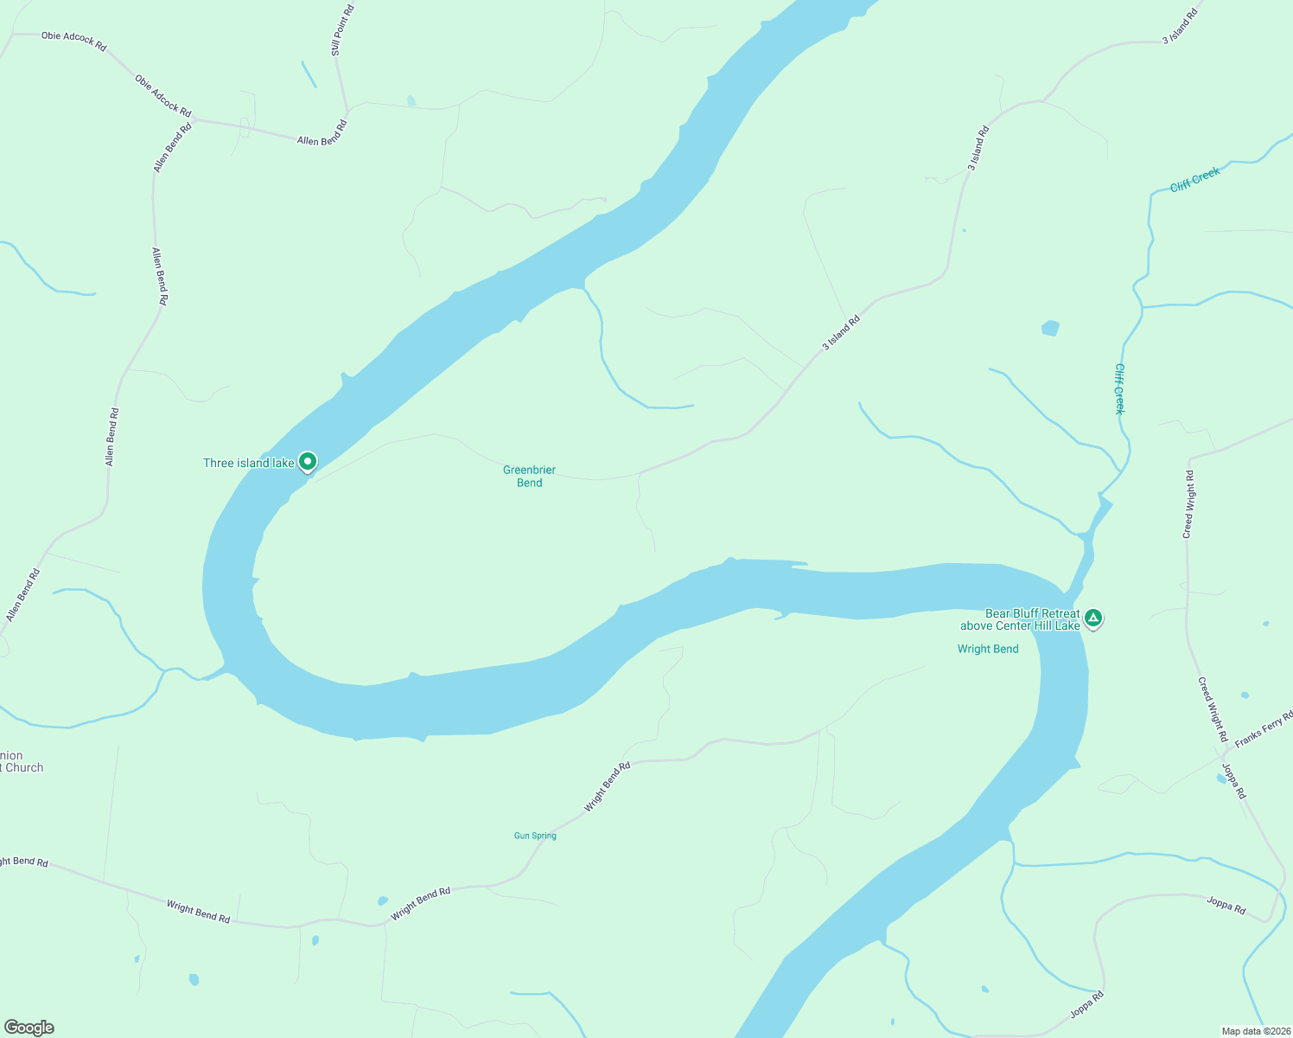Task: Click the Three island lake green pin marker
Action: (307, 462)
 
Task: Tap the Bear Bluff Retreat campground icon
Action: (1093, 618)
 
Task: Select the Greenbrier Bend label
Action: (529, 477)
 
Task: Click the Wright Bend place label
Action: (988, 649)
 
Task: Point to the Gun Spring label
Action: (535, 836)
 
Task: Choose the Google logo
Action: (29, 1028)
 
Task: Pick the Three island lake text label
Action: (249, 464)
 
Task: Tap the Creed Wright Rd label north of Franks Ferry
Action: (1189, 504)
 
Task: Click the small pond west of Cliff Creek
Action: (1050, 328)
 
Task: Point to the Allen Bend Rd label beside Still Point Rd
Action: (322, 134)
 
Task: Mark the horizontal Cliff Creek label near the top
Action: (1195, 179)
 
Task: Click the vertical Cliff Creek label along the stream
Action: (1119, 388)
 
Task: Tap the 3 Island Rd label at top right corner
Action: (1180, 27)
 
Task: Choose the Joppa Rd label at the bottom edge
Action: (1086, 1005)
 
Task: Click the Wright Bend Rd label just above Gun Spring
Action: (607, 786)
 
